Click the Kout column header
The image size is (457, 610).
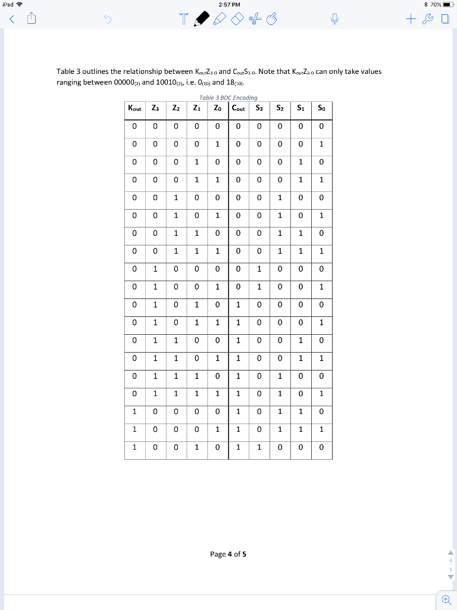tap(134, 108)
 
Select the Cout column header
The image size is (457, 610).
tap(238, 108)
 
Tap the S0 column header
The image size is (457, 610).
tap(321, 108)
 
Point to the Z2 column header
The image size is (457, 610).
tap(176, 108)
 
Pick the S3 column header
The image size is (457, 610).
tap(259, 108)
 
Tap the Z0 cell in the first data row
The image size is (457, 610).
tap(217, 126)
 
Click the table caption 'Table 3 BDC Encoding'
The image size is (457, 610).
tap(228, 97)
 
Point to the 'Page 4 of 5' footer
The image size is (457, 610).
tap(228, 554)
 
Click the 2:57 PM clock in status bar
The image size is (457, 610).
tap(228, 5)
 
